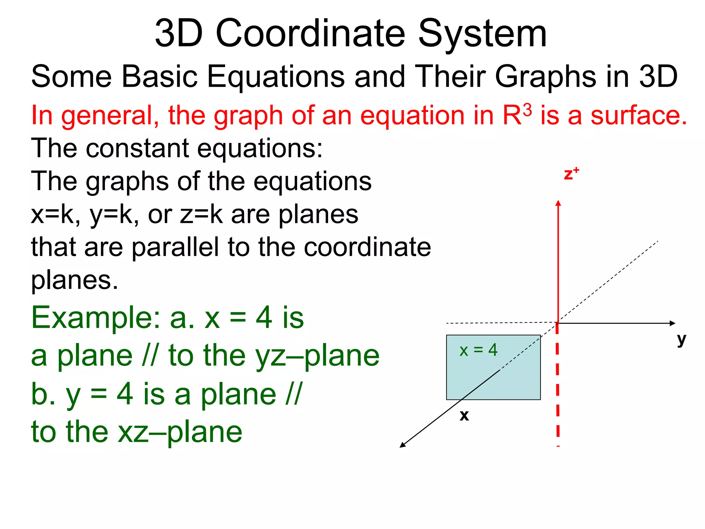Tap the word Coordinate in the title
[311, 34]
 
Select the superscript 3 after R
[527, 111]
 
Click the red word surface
[639, 115]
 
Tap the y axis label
[681, 340]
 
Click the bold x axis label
[464, 415]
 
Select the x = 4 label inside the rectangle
[478, 350]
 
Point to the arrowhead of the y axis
[672, 323]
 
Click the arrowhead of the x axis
[402, 445]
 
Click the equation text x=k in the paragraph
[55, 215]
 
